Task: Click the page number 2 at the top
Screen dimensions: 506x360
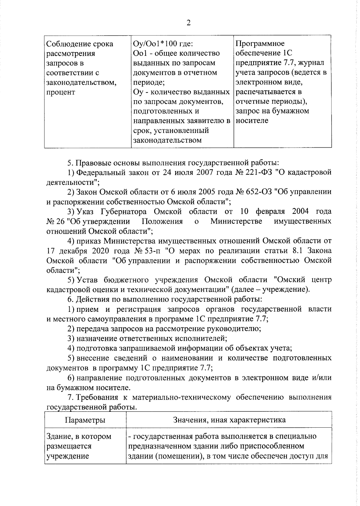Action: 188,23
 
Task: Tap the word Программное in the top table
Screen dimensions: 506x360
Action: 260,44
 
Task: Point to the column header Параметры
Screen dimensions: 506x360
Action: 85,420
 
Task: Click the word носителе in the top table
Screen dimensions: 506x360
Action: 252,121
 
